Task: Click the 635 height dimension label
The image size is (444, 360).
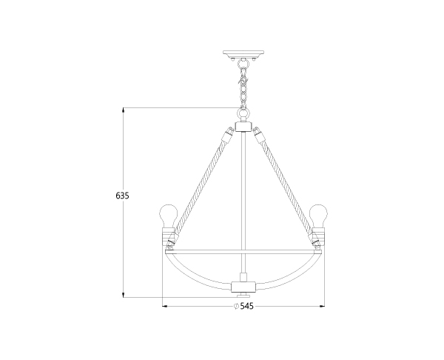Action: click(122, 196)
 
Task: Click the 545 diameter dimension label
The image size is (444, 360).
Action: click(246, 306)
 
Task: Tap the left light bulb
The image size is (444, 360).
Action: click(169, 216)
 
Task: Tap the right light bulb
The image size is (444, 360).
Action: click(318, 216)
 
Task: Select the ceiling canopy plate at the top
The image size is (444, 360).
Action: click(243, 54)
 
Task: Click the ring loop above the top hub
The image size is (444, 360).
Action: click(243, 115)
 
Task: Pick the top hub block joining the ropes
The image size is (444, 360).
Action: click(243, 127)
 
